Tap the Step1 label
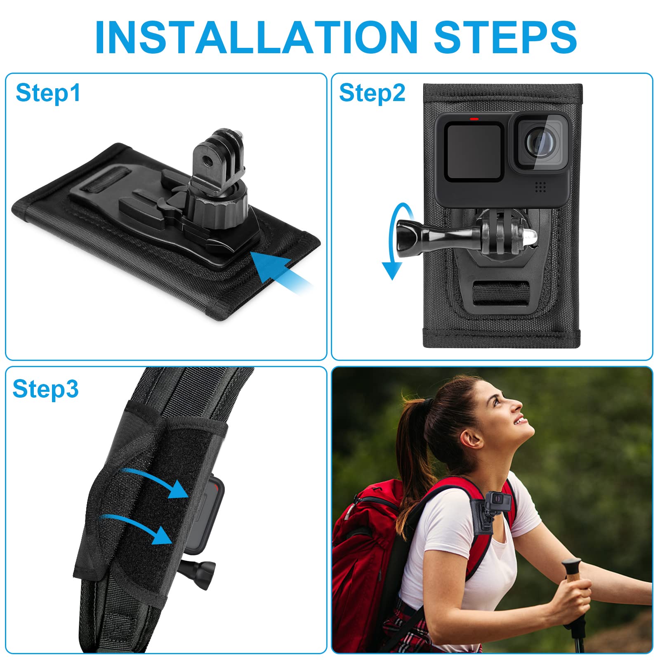click(x=48, y=93)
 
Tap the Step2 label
click(x=372, y=93)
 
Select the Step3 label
click(x=45, y=389)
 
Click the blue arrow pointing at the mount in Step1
click(x=276, y=268)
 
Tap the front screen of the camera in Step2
click(x=474, y=152)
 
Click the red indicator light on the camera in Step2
click(x=474, y=119)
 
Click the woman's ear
click(x=474, y=438)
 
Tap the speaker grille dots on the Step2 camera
click(x=540, y=187)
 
